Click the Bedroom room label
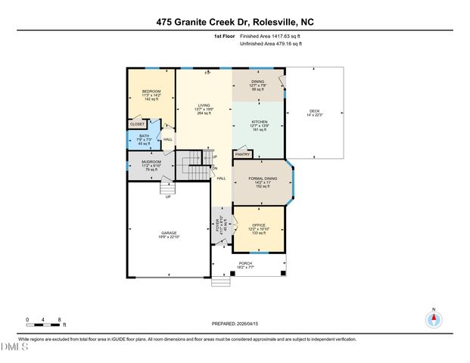pyautogui.click(x=151, y=91)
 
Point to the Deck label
pyautogui.click(x=314, y=110)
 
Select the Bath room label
pyautogui.click(x=144, y=136)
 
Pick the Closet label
pyautogui.click(x=137, y=124)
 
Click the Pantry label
pyautogui.click(x=242, y=154)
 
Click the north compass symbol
pyautogui.click(x=434, y=319)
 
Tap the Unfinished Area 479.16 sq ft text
pyautogui.click(x=271, y=44)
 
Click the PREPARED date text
pyautogui.click(x=235, y=323)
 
